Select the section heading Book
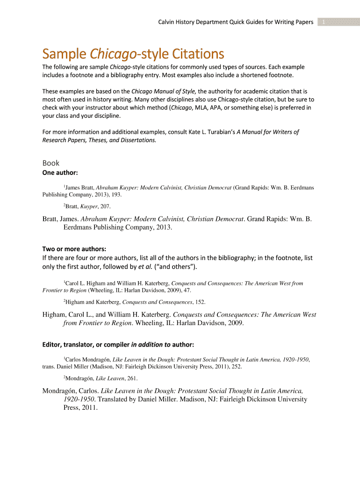click(x=51, y=163)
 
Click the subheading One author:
click(x=60, y=173)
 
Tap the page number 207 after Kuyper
click(x=105, y=206)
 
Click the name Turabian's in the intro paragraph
click(x=218, y=132)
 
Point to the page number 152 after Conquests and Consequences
click(x=200, y=302)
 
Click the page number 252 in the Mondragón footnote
click(x=235, y=367)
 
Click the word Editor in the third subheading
click(x=54, y=345)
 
